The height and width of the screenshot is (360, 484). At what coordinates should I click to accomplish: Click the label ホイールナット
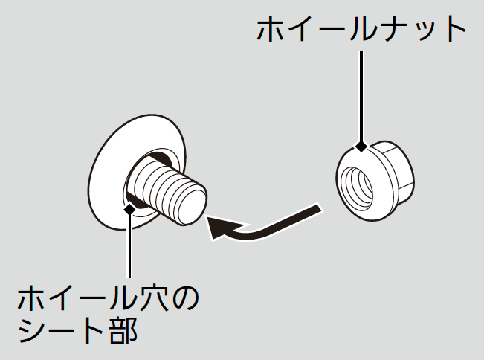pos(361,31)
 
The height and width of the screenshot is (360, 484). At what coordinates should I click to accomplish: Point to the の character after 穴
pos(187,299)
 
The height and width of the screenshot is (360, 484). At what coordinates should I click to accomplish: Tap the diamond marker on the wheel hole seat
pos(129,209)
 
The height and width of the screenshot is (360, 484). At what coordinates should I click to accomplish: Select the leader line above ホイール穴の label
pos(129,245)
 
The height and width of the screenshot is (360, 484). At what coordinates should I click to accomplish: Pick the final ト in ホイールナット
pos(451,31)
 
